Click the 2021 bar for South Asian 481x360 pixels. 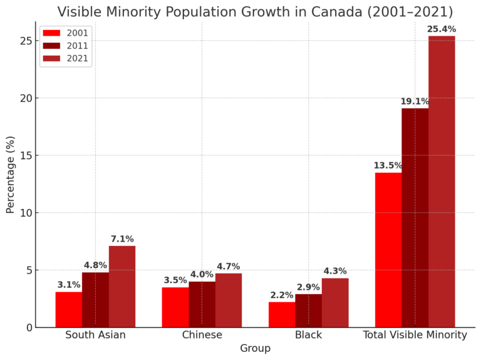point(122,286)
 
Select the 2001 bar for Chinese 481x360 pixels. point(175,307)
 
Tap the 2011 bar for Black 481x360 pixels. point(308,311)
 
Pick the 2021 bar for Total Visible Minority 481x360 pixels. point(442,182)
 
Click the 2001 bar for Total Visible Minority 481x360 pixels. point(388,250)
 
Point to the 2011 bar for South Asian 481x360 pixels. point(95,299)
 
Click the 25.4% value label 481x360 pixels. point(442,29)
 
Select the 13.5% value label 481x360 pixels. point(388,166)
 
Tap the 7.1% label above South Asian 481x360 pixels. point(122,239)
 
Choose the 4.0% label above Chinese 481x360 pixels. point(202,275)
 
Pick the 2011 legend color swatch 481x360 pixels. point(51,46)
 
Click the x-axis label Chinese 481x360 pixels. point(202,335)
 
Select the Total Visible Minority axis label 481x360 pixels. point(415,335)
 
